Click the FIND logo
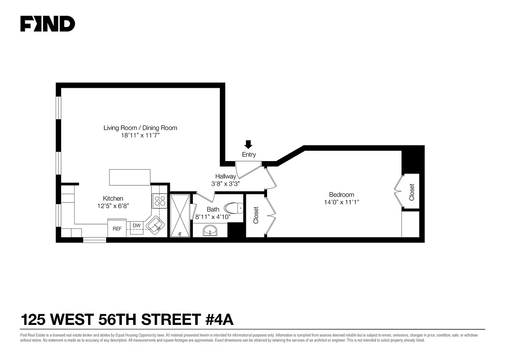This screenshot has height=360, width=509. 48,24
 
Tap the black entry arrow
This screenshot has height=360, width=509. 248,144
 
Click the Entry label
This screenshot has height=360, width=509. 249,155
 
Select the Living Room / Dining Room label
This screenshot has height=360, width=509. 140,128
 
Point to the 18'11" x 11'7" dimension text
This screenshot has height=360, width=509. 140,135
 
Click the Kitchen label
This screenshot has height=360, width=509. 113,198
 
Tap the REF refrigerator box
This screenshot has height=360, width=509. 117,229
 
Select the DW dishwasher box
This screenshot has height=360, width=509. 136,225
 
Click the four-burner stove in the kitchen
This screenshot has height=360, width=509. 159,200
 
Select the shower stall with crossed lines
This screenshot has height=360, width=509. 180,215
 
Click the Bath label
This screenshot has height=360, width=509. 213,209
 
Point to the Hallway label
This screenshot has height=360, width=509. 225,176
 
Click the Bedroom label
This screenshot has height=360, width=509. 341,194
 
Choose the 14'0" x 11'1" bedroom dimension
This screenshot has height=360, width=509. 341,202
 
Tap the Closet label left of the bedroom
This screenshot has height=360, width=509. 256,215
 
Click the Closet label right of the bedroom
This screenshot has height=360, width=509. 412,192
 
